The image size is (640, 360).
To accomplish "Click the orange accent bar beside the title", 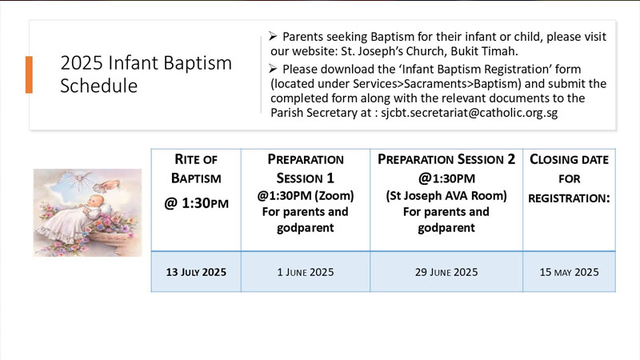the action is coord(29,74).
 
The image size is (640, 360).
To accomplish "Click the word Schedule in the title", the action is coord(98,86).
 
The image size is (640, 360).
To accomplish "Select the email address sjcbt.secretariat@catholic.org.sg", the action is coord(470,113).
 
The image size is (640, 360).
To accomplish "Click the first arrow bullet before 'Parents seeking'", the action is coord(273,36).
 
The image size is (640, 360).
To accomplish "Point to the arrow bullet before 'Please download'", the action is coord(273,69).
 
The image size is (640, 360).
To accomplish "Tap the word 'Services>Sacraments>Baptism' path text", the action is coord(437,84).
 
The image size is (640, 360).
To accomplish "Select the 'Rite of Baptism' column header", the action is coord(196,169).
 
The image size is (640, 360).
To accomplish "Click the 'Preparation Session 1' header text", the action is coord(306,169).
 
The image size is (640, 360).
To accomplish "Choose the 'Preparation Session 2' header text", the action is coord(446,159).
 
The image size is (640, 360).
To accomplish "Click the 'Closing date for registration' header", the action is coord(569,178).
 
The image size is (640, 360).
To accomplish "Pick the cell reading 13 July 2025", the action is coord(196,272).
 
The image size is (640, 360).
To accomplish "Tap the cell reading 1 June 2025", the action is coord(306,272).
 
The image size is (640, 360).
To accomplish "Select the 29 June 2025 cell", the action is coord(446,272).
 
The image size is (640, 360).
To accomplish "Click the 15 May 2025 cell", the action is coord(569,272).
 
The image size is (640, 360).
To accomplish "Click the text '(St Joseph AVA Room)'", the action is coord(446,196).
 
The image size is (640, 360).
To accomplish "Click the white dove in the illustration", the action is coord(81,177).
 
